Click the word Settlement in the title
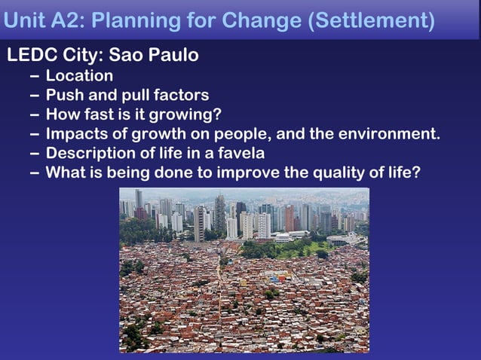coord(372,20)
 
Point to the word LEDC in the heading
coord(30,56)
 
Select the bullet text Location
coord(79,75)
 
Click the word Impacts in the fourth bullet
coord(76,134)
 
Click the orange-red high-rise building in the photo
coord(290,218)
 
